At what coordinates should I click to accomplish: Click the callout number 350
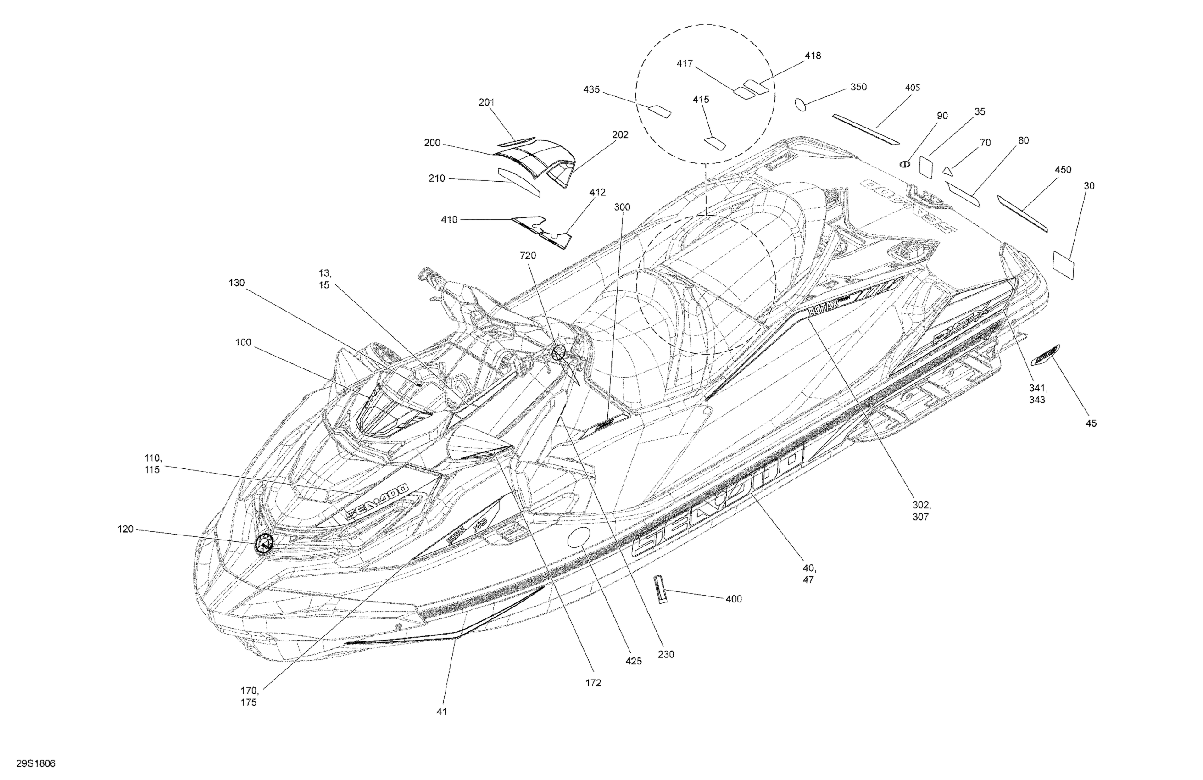click(x=858, y=87)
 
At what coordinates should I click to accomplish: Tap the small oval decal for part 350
click(x=801, y=104)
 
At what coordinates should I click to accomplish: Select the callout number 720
click(x=528, y=256)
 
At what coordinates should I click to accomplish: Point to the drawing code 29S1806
click(x=35, y=763)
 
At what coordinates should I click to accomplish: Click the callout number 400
click(x=734, y=599)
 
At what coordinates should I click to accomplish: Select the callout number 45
click(x=1092, y=423)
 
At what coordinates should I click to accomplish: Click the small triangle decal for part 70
click(x=947, y=171)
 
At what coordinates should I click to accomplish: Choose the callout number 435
click(x=591, y=89)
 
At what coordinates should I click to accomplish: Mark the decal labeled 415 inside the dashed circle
click(x=715, y=143)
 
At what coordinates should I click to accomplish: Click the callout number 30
click(x=1089, y=186)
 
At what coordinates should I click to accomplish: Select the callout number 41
click(x=442, y=711)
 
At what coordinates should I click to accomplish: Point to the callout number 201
click(x=486, y=102)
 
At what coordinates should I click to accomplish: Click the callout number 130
click(x=237, y=283)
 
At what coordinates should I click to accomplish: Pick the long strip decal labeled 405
click(x=866, y=129)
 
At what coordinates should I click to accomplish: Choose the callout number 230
click(x=666, y=654)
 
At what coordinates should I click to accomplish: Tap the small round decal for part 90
click(x=904, y=163)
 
